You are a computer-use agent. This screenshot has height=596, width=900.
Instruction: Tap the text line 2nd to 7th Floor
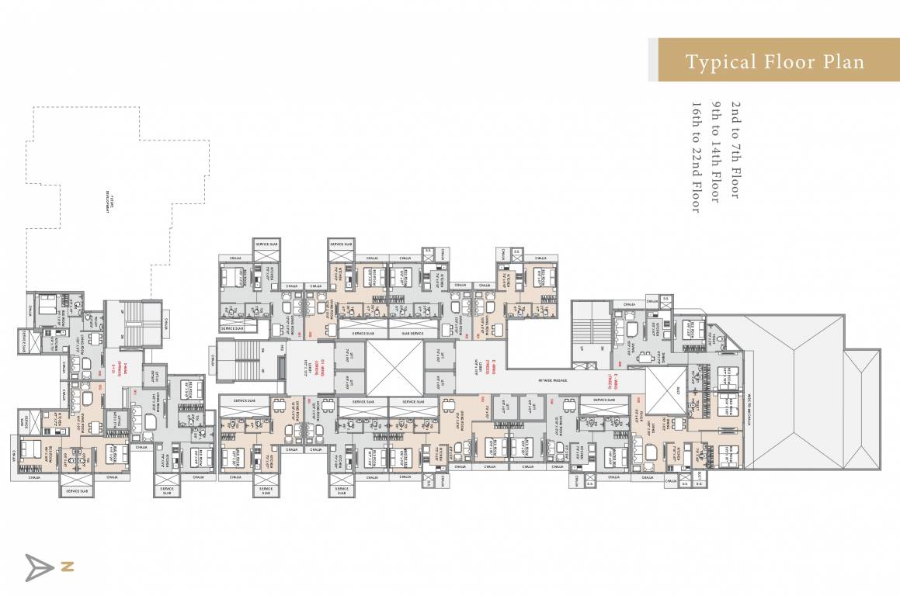pyautogui.click(x=734, y=148)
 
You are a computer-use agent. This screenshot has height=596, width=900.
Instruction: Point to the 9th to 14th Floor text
pyautogui.click(x=714, y=151)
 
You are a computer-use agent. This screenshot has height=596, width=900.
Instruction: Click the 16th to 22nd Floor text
pyautogui.click(x=696, y=155)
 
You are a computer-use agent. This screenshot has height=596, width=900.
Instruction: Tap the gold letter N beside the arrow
pyautogui.click(x=68, y=567)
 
